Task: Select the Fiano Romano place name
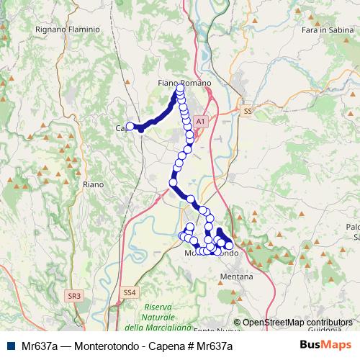184,84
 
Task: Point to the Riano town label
94,184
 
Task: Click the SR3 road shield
74,295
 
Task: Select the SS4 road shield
129,292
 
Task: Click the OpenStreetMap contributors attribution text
297,323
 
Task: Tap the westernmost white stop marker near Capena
130,125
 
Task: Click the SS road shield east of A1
248,112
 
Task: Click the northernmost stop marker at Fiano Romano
178,88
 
